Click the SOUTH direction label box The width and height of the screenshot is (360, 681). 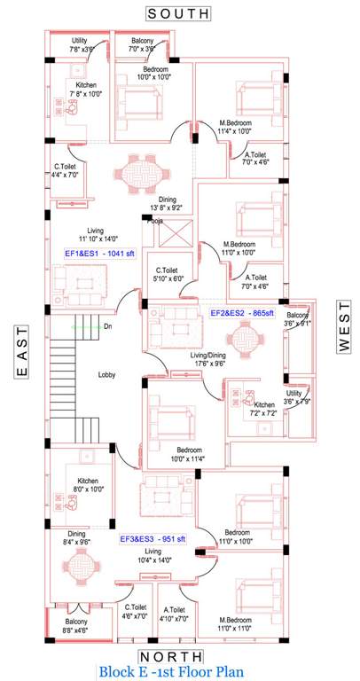179,13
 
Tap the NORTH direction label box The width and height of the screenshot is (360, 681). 180,656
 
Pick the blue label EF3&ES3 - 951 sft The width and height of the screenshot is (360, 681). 153,538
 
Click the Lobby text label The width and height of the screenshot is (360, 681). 109,375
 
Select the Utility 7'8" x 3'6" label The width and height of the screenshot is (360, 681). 79,46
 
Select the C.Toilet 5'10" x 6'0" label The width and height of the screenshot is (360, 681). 170,274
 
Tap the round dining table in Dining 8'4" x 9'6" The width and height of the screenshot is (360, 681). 80,568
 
